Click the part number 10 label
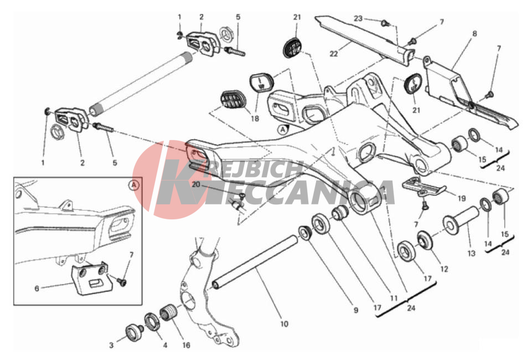(x=285, y=324)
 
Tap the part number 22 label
(x=334, y=54)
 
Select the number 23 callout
(x=358, y=18)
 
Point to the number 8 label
(x=474, y=34)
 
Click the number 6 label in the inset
(x=37, y=289)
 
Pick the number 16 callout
(x=186, y=345)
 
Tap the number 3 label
(x=111, y=345)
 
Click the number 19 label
(x=462, y=199)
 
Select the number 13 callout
(x=472, y=253)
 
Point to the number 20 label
(x=196, y=184)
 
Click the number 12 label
(x=445, y=269)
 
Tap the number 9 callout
(x=356, y=311)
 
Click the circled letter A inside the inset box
(x=134, y=185)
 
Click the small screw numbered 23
(x=385, y=23)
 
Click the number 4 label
(x=165, y=345)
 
